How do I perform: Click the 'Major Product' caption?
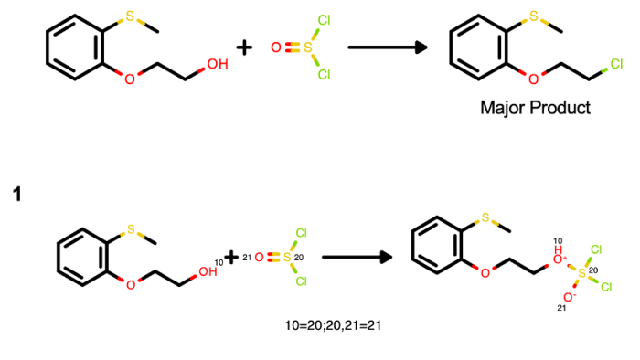point(535,108)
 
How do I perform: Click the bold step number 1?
point(16,194)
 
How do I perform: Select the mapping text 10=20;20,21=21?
point(333,325)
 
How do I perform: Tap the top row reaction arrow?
point(388,48)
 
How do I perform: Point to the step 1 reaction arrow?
point(357,258)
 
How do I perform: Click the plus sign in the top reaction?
point(244,48)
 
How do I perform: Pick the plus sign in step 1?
point(231,258)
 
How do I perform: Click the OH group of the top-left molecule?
point(218,64)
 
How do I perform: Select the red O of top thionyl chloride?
point(276,48)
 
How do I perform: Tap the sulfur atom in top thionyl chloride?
point(307,48)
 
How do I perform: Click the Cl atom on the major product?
point(616,64)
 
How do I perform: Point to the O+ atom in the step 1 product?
point(558,259)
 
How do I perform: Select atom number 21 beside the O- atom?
point(561,308)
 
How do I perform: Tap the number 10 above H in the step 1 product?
point(558,241)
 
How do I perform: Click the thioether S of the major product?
point(533,16)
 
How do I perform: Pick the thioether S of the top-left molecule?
point(130,16)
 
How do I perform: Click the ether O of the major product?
point(533,79)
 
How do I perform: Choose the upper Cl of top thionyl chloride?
point(324,20)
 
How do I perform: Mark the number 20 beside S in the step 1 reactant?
point(299,258)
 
